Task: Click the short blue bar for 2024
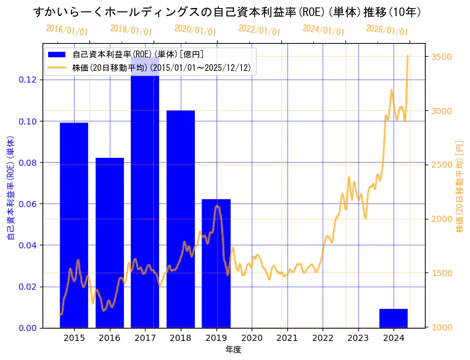pyautogui.click(x=394, y=318)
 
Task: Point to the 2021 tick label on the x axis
pyautogui.click(x=287, y=338)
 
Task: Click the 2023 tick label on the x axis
pyautogui.click(x=358, y=338)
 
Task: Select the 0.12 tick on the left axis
pyautogui.click(x=27, y=80)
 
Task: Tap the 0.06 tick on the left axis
pyautogui.click(x=27, y=204)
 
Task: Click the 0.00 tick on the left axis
pyautogui.click(x=27, y=328)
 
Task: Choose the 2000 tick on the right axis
pyautogui.click(x=443, y=219)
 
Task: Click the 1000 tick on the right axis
pyautogui.click(x=443, y=327)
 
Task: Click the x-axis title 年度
pyautogui.click(x=234, y=350)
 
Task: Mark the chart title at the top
pyautogui.click(x=227, y=12)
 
